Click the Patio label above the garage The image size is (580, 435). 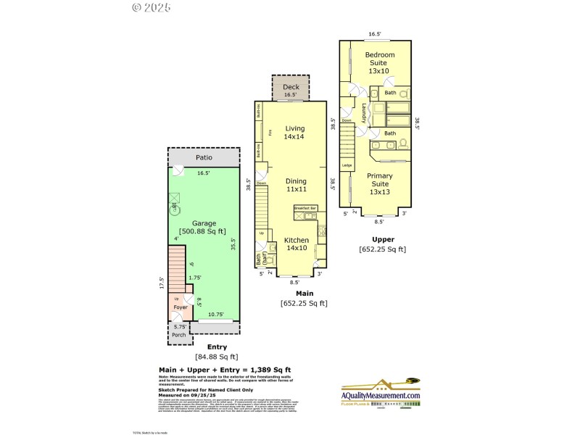(x=204, y=158)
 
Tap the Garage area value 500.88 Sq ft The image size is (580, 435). (x=204, y=231)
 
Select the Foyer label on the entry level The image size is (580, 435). (x=180, y=307)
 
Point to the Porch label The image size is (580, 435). (x=178, y=334)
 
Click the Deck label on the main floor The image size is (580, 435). (x=291, y=88)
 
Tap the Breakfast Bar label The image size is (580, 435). (x=305, y=208)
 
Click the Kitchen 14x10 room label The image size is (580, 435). (x=296, y=244)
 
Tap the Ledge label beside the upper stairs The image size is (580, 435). (x=347, y=166)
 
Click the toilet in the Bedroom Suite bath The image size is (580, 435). (x=404, y=94)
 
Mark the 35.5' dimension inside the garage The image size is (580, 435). (x=233, y=244)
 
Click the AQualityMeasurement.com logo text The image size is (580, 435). (x=381, y=395)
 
